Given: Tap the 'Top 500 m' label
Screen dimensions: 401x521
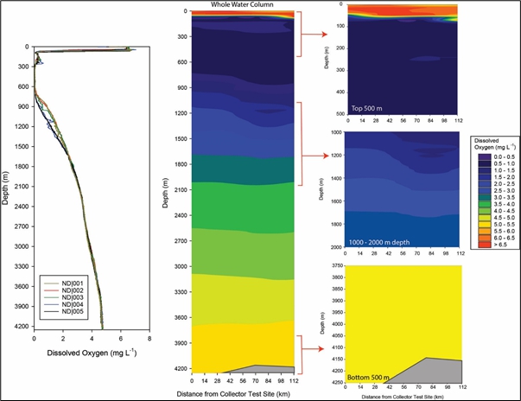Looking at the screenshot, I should pyautogui.click(x=369, y=108).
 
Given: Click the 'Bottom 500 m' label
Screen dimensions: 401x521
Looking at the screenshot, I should pyautogui.click(x=369, y=378).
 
